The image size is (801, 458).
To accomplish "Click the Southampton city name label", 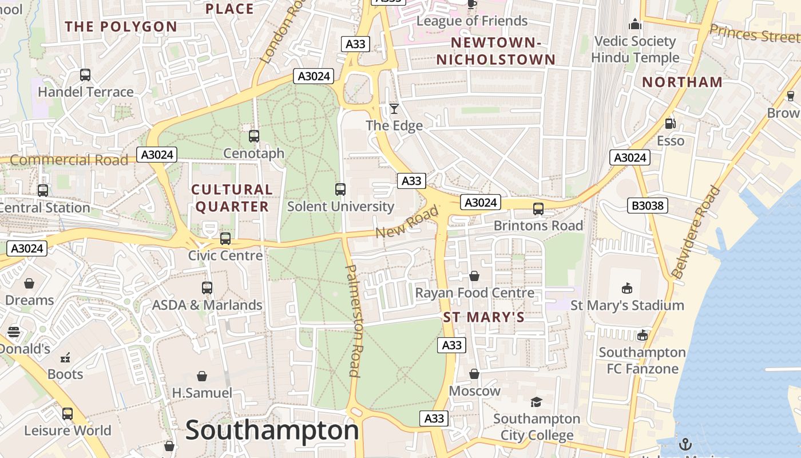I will [272, 430].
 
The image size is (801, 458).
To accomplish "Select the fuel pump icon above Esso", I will [670, 124].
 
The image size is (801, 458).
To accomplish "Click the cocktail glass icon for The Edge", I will [394, 109].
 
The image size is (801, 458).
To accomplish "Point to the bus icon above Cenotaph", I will [254, 136].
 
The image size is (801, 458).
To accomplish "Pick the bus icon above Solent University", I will [340, 189].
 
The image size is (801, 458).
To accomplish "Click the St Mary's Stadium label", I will [627, 305].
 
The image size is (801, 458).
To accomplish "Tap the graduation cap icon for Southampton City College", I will [536, 402].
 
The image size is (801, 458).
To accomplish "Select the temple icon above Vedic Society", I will [635, 25].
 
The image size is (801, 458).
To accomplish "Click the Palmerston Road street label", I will [354, 321].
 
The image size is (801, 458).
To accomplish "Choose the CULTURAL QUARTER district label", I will [232, 198].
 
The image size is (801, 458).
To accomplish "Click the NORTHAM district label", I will [682, 82].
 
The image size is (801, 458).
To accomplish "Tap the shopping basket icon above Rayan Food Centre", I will [474, 277].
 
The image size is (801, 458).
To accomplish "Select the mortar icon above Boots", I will [65, 358].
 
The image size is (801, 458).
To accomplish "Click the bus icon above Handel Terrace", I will [85, 75].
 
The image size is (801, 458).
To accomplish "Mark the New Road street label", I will [407, 222].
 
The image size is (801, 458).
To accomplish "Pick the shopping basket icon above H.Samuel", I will [202, 376].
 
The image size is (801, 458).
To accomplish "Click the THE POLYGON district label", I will [121, 26].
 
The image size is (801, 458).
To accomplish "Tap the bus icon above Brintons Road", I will [538, 209].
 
